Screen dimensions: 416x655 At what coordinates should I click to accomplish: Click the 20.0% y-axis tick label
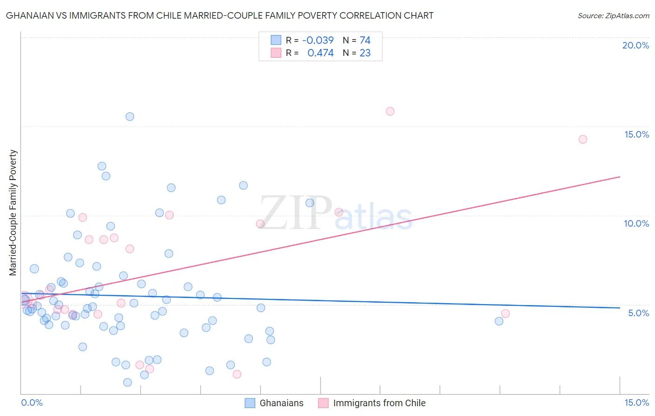pyautogui.click(x=635, y=45)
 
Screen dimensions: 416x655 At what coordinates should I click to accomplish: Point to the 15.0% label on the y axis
pyautogui.click(x=636, y=134)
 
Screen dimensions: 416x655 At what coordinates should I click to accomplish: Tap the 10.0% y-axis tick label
pyautogui.click(x=636, y=223)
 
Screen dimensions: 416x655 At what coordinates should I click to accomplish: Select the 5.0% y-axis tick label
pyautogui.click(x=638, y=313)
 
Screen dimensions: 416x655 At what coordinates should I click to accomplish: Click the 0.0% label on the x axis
pyautogui.click(x=32, y=402)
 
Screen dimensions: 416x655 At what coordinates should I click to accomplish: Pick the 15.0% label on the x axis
pyautogui.click(x=636, y=402)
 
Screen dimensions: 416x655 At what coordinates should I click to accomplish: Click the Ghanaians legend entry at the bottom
pyautogui.click(x=281, y=403)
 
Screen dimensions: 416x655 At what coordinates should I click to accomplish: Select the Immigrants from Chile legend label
pyautogui.click(x=379, y=403)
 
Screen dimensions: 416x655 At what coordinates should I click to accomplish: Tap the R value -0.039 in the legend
pyautogui.click(x=318, y=41)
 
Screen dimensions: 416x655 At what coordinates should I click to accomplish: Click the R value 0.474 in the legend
pyautogui.click(x=321, y=53)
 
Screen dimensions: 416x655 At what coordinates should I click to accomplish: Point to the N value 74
pyautogui.click(x=365, y=41)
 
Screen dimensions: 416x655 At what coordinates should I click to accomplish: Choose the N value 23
pyautogui.click(x=365, y=53)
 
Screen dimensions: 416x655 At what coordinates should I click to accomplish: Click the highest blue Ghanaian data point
pyautogui.click(x=130, y=117)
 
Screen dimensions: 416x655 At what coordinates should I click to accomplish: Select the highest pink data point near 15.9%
pyautogui.click(x=390, y=111)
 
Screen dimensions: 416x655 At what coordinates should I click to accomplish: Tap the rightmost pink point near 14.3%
pyautogui.click(x=583, y=139)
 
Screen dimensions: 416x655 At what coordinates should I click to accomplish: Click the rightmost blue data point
pyautogui.click(x=499, y=321)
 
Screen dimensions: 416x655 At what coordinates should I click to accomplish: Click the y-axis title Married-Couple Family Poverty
pyautogui.click(x=13, y=213)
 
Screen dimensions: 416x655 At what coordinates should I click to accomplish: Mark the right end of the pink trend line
pyautogui.click(x=620, y=177)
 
